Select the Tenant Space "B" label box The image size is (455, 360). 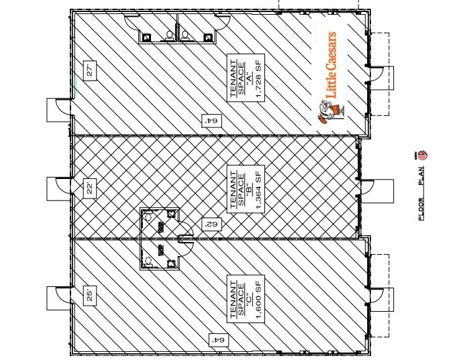(x=246, y=186)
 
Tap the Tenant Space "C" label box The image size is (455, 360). (x=246, y=297)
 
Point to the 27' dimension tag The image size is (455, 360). (x=87, y=70)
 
